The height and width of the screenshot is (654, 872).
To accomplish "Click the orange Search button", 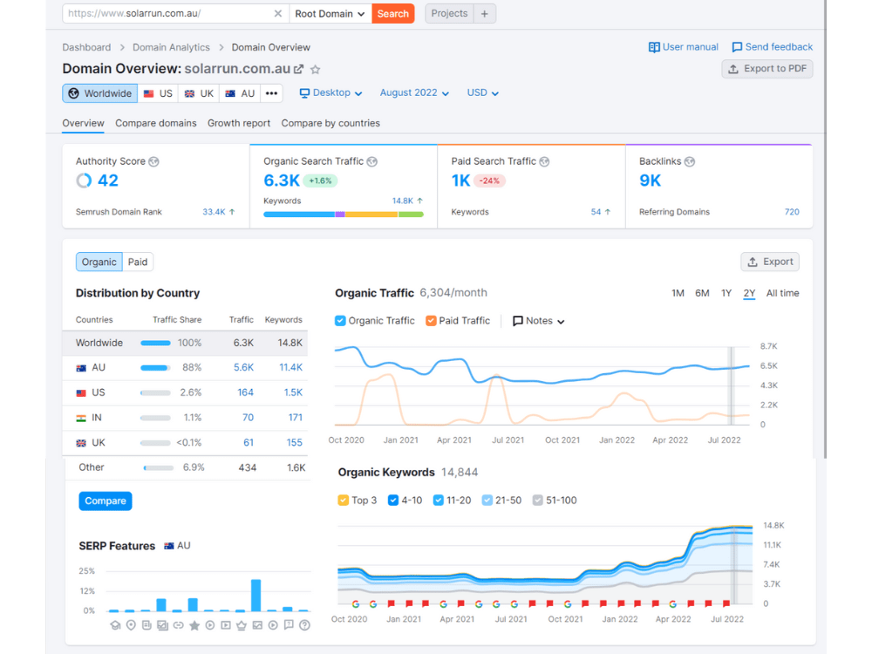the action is tap(392, 14).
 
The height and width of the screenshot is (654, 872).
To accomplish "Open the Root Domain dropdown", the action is tap(330, 14).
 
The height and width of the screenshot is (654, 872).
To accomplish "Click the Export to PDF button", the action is tap(767, 69).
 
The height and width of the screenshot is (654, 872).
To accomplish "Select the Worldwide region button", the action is tap(100, 93).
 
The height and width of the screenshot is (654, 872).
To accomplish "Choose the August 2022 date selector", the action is tap(414, 93).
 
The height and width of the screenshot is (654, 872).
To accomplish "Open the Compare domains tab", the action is tap(156, 124).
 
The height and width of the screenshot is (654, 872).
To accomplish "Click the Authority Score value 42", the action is tap(108, 181).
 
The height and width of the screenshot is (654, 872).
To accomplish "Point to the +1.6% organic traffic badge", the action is tap(320, 181).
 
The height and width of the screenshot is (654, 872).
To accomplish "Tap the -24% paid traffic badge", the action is tap(489, 181).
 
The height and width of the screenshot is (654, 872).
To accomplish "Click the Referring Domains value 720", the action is tap(792, 212).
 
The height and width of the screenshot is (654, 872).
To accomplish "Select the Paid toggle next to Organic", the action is tap(138, 262).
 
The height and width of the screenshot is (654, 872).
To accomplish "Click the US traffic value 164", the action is tap(245, 392).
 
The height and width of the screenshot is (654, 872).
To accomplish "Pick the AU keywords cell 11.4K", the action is tap(291, 368).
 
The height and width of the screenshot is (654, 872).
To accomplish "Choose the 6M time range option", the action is tap(702, 293).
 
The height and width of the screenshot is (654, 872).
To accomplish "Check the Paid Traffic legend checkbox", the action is tap(431, 321).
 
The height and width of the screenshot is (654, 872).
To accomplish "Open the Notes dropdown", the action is tap(538, 321).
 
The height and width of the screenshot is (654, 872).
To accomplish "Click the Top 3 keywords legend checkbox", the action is tap(343, 501).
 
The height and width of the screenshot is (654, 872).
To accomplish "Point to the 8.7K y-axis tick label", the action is tap(768, 346).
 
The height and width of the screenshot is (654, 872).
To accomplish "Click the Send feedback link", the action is tap(773, 47).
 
